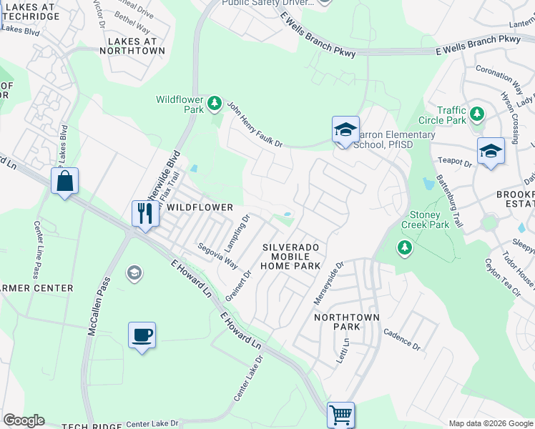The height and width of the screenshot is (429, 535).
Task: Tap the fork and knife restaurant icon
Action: pos(144,213)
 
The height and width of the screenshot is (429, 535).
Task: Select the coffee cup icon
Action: pos(142,335)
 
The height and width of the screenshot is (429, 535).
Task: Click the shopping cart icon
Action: pos(340,414)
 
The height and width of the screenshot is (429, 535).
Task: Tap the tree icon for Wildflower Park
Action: pos(214,105)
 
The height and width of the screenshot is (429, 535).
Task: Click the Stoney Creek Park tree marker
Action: pos(405,247)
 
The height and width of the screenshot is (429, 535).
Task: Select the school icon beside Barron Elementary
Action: pos(345,130)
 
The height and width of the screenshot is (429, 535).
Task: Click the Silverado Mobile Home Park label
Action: pos(290,256)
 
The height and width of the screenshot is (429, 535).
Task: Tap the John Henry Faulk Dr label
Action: pos(255,124)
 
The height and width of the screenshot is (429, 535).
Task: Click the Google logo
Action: pos(24,420)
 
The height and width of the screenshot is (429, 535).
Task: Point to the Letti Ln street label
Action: pos(345,351)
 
